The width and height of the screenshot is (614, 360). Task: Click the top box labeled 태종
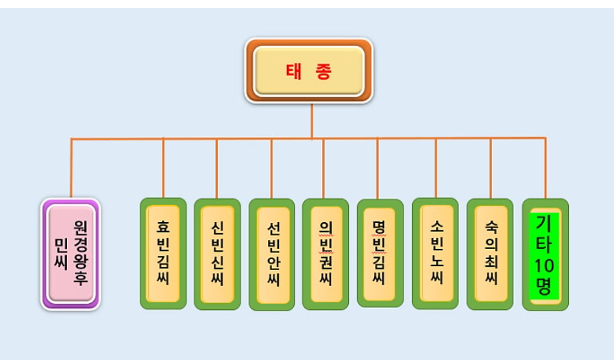(x=308, y=71)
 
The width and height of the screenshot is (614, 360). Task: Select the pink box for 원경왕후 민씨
(x=71, y=254)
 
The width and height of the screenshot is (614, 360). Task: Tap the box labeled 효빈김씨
(x=163, y=254)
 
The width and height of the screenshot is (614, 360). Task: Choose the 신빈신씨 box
(x=217, y=254)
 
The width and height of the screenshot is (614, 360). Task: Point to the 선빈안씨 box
(x=271, y=254)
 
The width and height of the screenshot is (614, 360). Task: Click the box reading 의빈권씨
(x=326, y=254)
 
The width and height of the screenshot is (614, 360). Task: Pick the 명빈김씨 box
(x=380, y=254)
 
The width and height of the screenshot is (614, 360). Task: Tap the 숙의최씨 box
(x=490, y=254)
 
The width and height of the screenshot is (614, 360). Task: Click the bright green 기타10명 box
(x=545, y=254)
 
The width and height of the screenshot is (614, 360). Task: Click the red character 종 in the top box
(x=323, y=71)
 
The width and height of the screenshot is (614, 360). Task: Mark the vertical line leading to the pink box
(x=71, y=169)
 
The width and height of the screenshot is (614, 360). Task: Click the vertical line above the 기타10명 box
(x=545, y=169)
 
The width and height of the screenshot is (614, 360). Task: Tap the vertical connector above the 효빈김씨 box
(x=163, y=169)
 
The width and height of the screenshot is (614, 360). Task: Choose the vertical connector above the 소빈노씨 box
(x=436, y=169)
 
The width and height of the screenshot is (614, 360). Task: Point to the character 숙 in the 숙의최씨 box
(x=491, y=226)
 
